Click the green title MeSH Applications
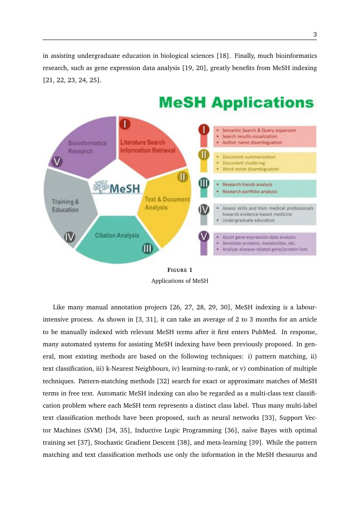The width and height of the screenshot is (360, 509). point(236,103)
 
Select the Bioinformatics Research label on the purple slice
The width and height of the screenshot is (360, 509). point(87,147)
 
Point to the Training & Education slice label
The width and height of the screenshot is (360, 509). point(65,206)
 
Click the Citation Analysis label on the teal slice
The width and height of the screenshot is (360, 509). point(117,235)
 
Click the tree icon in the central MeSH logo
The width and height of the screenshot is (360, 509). point(101,187)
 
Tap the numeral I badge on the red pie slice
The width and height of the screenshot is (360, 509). point(125,124)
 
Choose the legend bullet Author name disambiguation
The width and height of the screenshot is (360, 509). point(252,142)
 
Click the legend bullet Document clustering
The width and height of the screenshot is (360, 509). point(246,163)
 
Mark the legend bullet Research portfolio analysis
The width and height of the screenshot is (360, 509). point(249,191)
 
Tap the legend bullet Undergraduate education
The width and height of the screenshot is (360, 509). point(249,220)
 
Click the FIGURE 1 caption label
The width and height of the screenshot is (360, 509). point(180,271)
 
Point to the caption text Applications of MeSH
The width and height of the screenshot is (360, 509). point(180,281)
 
